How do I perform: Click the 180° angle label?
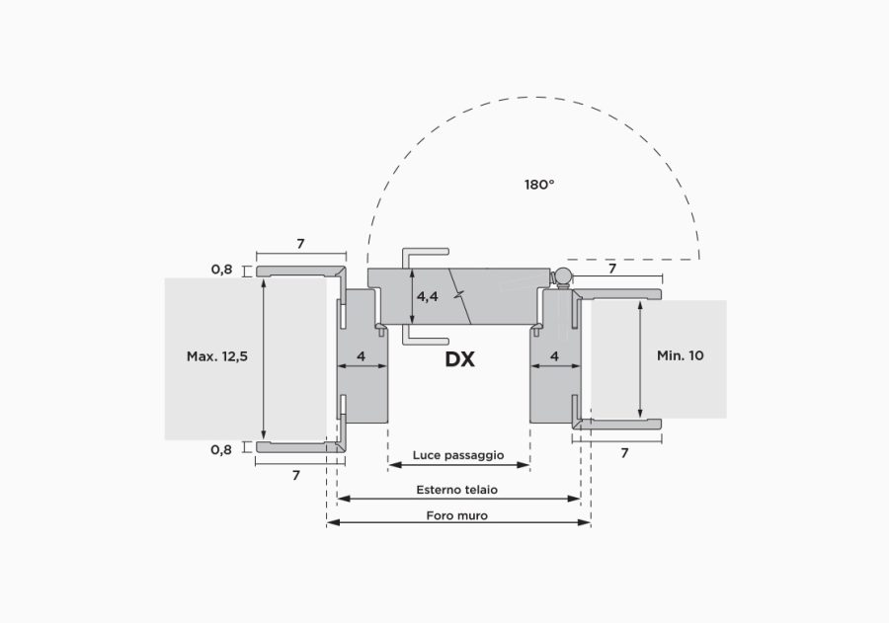pyautogui.click(x=539, y=185)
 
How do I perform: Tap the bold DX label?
pyautogui.click(x=459, y=359)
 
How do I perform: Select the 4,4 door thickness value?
pyautogui.click(x=428, y=296)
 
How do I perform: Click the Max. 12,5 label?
pyautogui.click(x=217, y=356)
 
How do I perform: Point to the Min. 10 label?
pyautogui.click(x=681, y=355)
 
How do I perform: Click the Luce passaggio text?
pyautogui.click(x=458, y=454)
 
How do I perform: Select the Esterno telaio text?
pyautogui.click(x=457, y=490)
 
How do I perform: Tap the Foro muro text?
pyautogui.click(x=457, y=515)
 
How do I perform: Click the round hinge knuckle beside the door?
pyautogui.click(x=563, y=277)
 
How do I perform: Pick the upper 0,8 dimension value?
pyautogui.click(x=221, y=270)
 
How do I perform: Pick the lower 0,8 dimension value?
pyautogui.click(x=221, y=450)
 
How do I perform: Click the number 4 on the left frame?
pyautogui.click(x=362, y=356)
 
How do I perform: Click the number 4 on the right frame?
pyautogui.click(x=554, y=356)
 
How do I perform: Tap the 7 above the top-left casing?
pyautogui.click(x=300, y=244)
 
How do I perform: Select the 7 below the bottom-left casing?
pyautogui.click(x=296, y=476)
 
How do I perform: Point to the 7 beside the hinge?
pyautogui.click(x=612, y=269)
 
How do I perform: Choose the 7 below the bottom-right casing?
pyautogui.click(x=625, y=453)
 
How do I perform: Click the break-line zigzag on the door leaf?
pyautogui.click(x=459, y=296)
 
